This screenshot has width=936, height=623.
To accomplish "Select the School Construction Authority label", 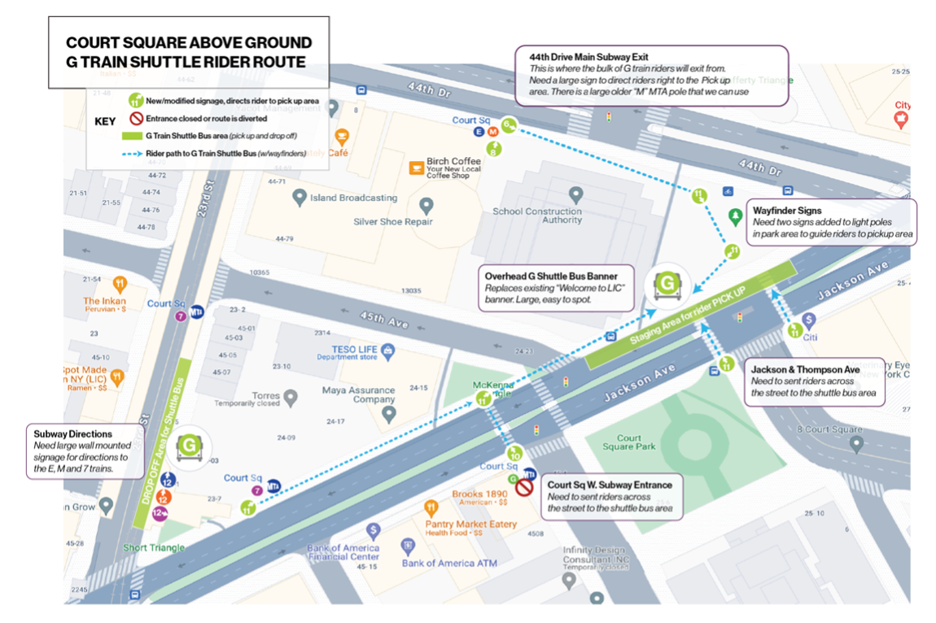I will coord(537,216).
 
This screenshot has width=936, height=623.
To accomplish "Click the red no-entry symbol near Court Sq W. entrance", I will coord(524,488).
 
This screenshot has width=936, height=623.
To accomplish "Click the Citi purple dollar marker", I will coord(808,320).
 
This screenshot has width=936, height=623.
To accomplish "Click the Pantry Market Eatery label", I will coord(470,524).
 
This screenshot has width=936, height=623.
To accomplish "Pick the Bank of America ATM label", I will coord(449,563).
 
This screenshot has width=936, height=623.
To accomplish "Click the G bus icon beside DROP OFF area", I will coord(188,446).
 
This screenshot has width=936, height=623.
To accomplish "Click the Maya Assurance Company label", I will coord(357,395).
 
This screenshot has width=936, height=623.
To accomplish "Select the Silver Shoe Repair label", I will coord(393,221).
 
